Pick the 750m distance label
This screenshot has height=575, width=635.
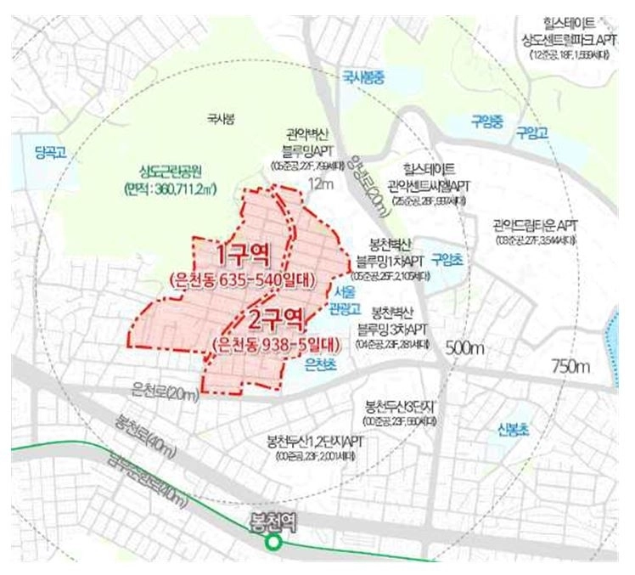(x=570, y=366)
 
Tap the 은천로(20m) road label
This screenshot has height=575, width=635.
(x=166, y=392)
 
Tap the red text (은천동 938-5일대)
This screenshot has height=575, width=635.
(x=276, y=345)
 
